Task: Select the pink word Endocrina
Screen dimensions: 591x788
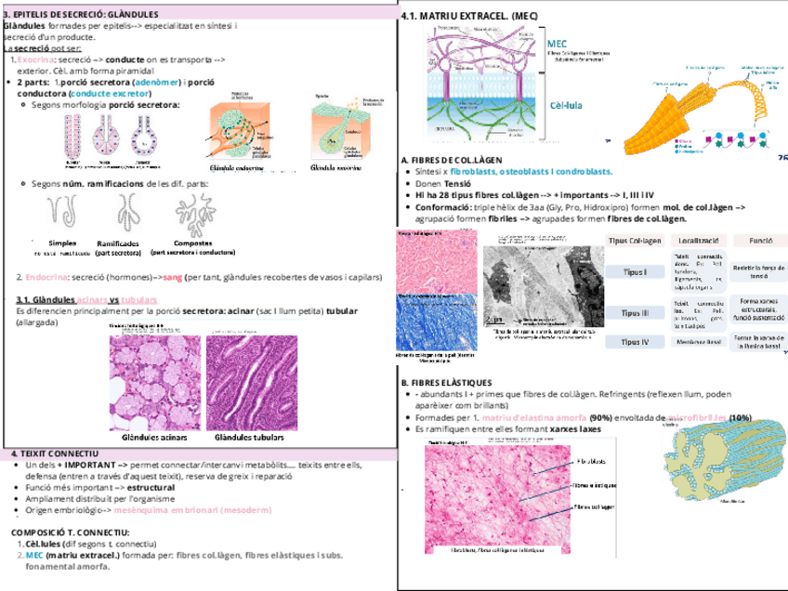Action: tap(44, 276)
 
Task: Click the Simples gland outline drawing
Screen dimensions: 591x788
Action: tap(63, 215)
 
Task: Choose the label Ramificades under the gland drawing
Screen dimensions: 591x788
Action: tap(118, 243)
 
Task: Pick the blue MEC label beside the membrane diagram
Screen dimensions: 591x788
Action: tap(558, 44)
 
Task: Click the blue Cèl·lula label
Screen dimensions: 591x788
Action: tap(566, 105)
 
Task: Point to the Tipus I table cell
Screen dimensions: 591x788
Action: tap(634, 272)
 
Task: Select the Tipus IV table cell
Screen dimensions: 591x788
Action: tap(634, 342)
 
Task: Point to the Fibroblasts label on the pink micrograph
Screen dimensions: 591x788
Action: tap(592, 462)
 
